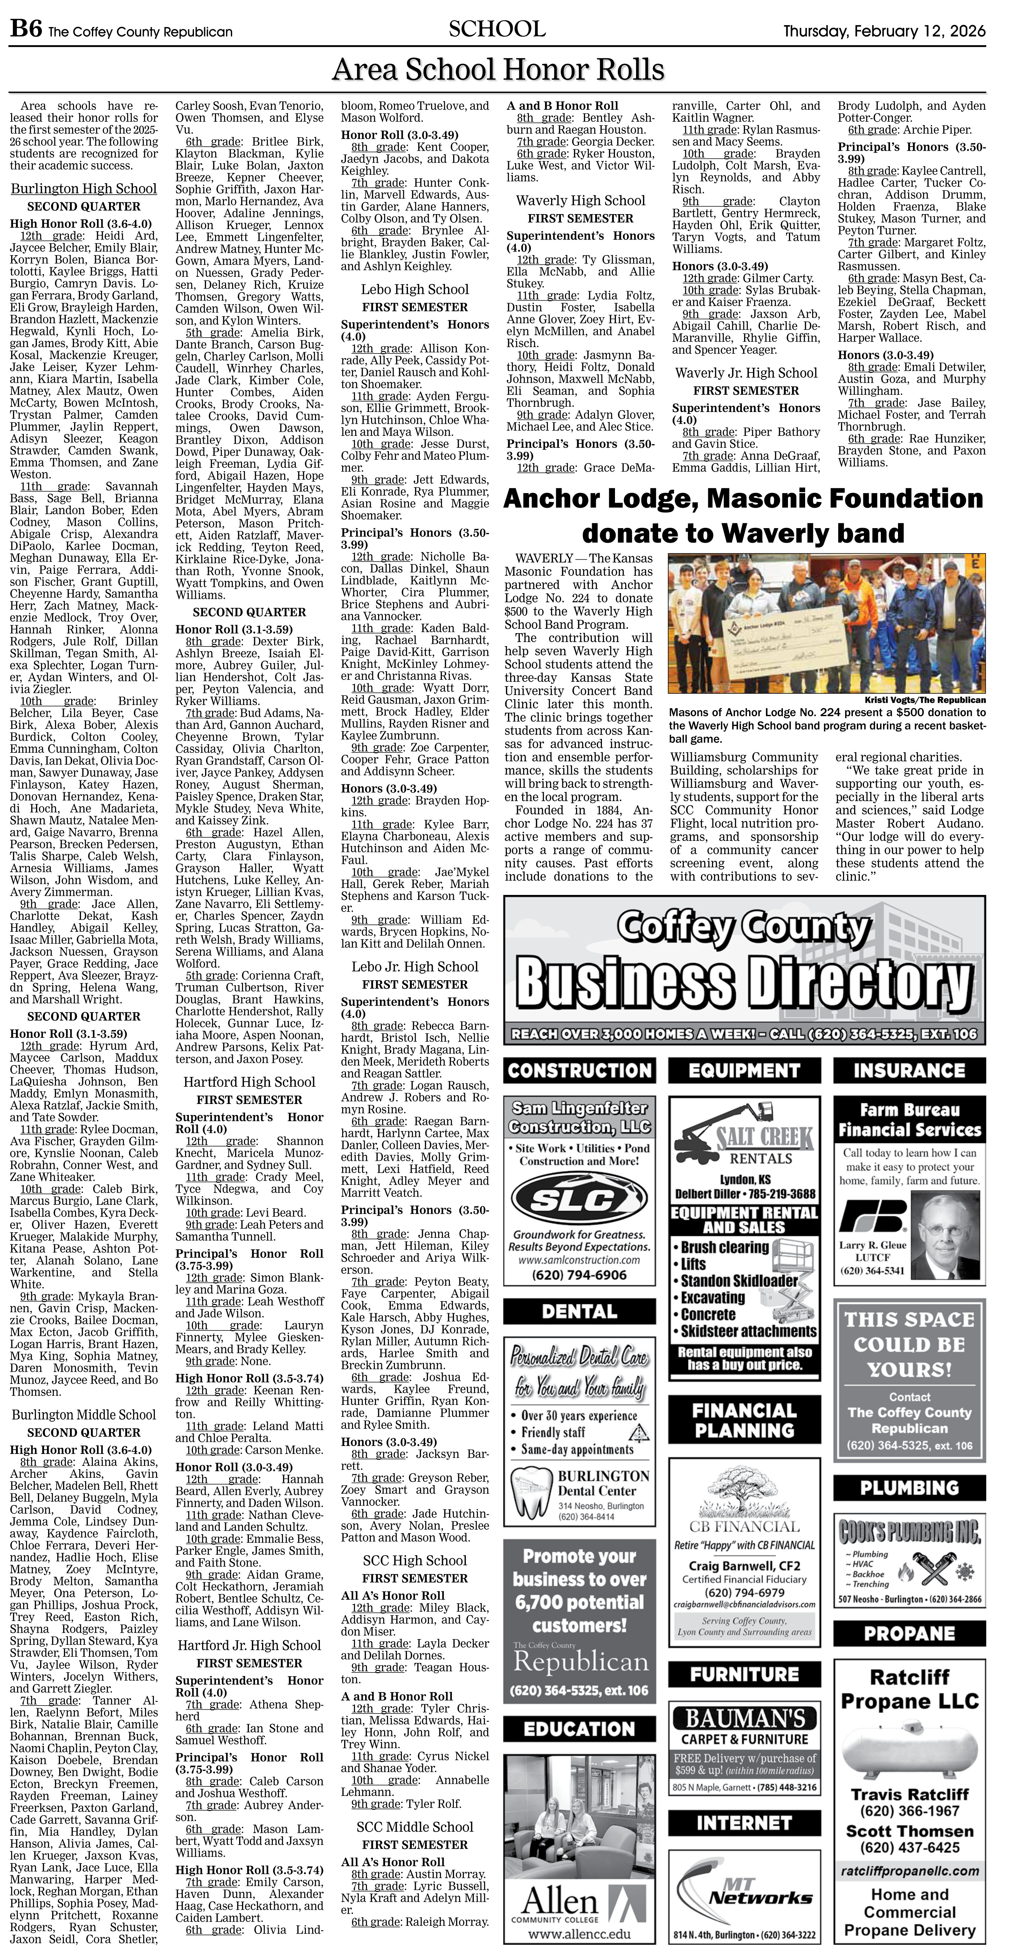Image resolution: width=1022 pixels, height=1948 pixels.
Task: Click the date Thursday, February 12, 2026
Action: pyautogui.click(x=884, y=31)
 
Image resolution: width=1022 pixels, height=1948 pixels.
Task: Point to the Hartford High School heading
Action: pyautogui.click(x=249, y=1082)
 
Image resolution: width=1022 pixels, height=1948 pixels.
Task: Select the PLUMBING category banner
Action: pyautogui.click(x=909, y=1487)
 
